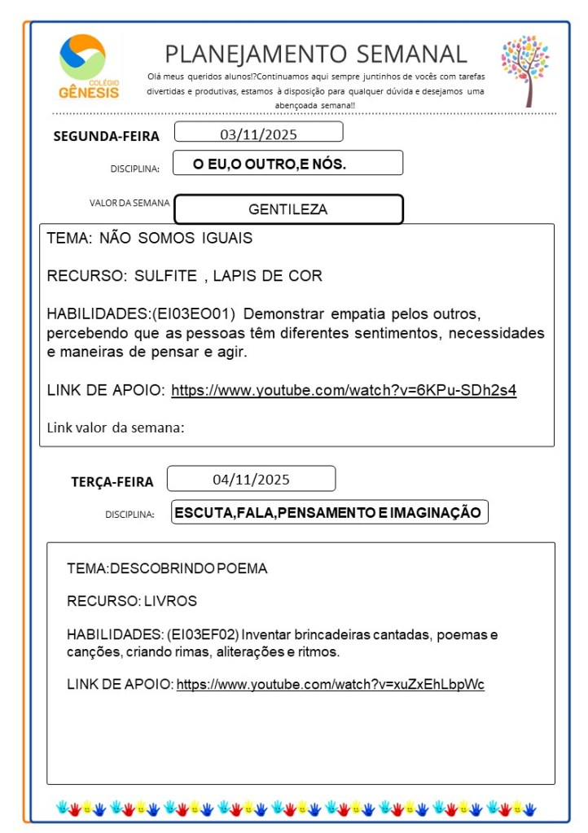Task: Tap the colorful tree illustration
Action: pos(524,69)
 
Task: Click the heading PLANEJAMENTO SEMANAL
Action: pos(316,54)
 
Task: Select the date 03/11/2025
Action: pos(258,133)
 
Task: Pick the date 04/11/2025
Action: pos(251,479)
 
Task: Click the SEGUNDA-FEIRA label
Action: pos(106,136)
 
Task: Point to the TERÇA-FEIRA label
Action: pos(112,482)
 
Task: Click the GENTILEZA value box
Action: pos(288,209)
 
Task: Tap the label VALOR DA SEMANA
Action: pos(129,203)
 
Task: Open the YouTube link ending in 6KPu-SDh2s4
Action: pos(344,390)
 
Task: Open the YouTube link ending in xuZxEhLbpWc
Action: pos(331,685)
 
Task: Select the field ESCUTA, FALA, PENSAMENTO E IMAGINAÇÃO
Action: pos(329,512)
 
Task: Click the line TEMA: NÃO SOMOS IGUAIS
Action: pos(150,239)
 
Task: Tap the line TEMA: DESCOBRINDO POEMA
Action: pos(167,568)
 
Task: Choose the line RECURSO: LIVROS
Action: pos(132,602)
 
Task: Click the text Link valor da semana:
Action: pos(116,427)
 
